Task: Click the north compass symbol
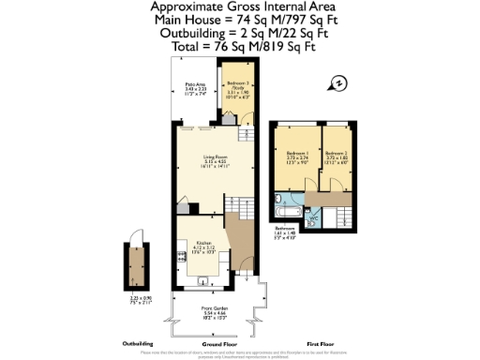click(339, 83)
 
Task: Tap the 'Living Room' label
click(216, 157)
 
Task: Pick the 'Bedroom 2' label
click(337, 153)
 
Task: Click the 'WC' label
click(315, 213)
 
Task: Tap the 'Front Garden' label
click(215, 307)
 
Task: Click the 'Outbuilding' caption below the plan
click(139, 344)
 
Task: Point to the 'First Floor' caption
click(321, 344)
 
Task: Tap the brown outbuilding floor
click(139, 266)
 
